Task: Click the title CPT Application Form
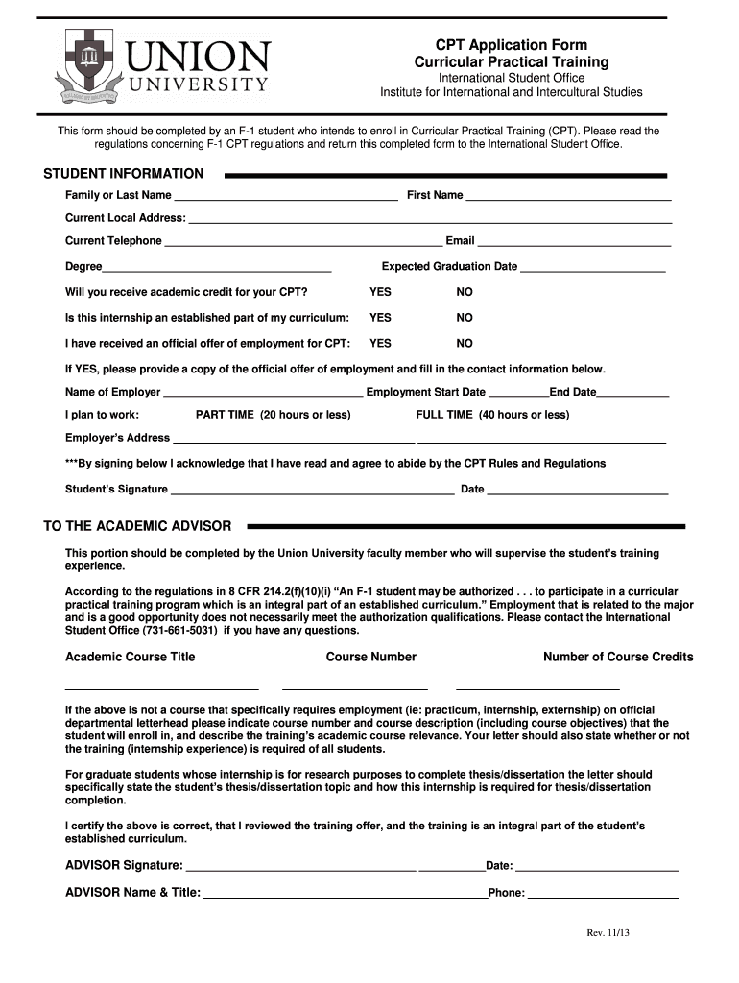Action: tap(511, 45)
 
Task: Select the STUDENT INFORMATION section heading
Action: tap(124, 174)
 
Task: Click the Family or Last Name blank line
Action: tap(286, 197)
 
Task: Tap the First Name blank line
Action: tap(568, 197)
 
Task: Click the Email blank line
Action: tap(574, 242)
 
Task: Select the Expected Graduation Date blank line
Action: tap(592, 268)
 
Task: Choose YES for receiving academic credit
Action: tap(380, 292)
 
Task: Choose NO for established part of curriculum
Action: tap(465, 318)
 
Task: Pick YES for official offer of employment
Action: tap(380, 343)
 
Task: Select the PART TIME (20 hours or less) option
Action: tap(273, 415)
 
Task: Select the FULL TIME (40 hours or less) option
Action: tap(491, 415)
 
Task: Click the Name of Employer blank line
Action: tap(263, 394)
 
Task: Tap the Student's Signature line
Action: tap(312, 491)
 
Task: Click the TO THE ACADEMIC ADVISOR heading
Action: tap(137, 526)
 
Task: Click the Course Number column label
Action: tap(370, 658)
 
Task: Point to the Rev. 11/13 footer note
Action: tap(608, 933)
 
